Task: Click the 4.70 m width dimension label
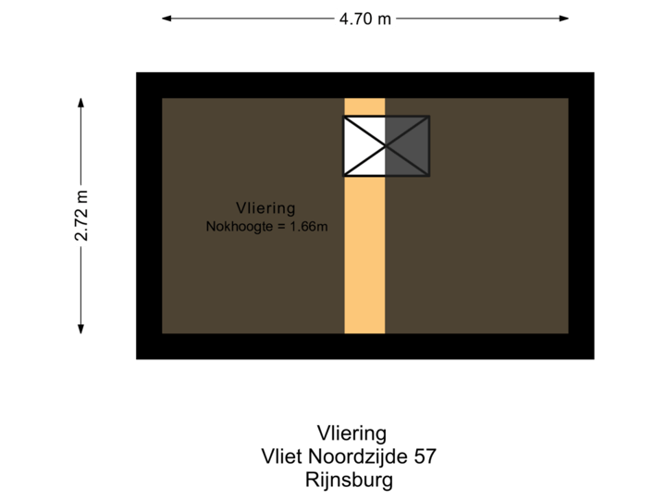pyautogui.click(x=364, y=18)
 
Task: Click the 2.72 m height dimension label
pyautogui.click(x=81, y=215)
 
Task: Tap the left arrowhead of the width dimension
pyautogui.click(x=166, y=18)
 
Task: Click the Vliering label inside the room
pyautogui.click(x=265, y=208)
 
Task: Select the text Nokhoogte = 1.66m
pyautogui.click(x=266, y=225)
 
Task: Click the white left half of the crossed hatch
pyautogui.click(x=357, y=145)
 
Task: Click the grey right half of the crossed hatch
pyautogui.click(x=413, y=145)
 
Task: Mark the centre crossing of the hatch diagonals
pyautogui.click(x=386, y=145)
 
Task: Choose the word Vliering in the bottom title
pyautogui.click(x=351, y=433)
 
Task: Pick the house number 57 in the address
pyautogui.click(x=424, y=456)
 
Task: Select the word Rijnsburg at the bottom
pyautogui.click(x=349, y=480)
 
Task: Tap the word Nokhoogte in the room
pyautogui.click(x=237, y=225)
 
